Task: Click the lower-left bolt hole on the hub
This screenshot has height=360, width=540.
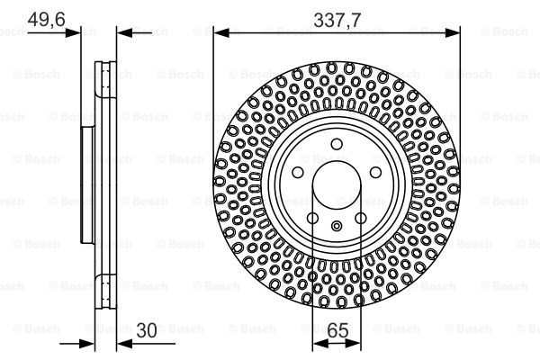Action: (311, 219)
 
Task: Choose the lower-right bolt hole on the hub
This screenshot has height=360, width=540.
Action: (360, 219)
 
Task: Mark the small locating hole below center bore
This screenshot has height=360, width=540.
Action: (336, 226)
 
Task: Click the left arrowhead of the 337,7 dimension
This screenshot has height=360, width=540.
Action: (218, 32)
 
